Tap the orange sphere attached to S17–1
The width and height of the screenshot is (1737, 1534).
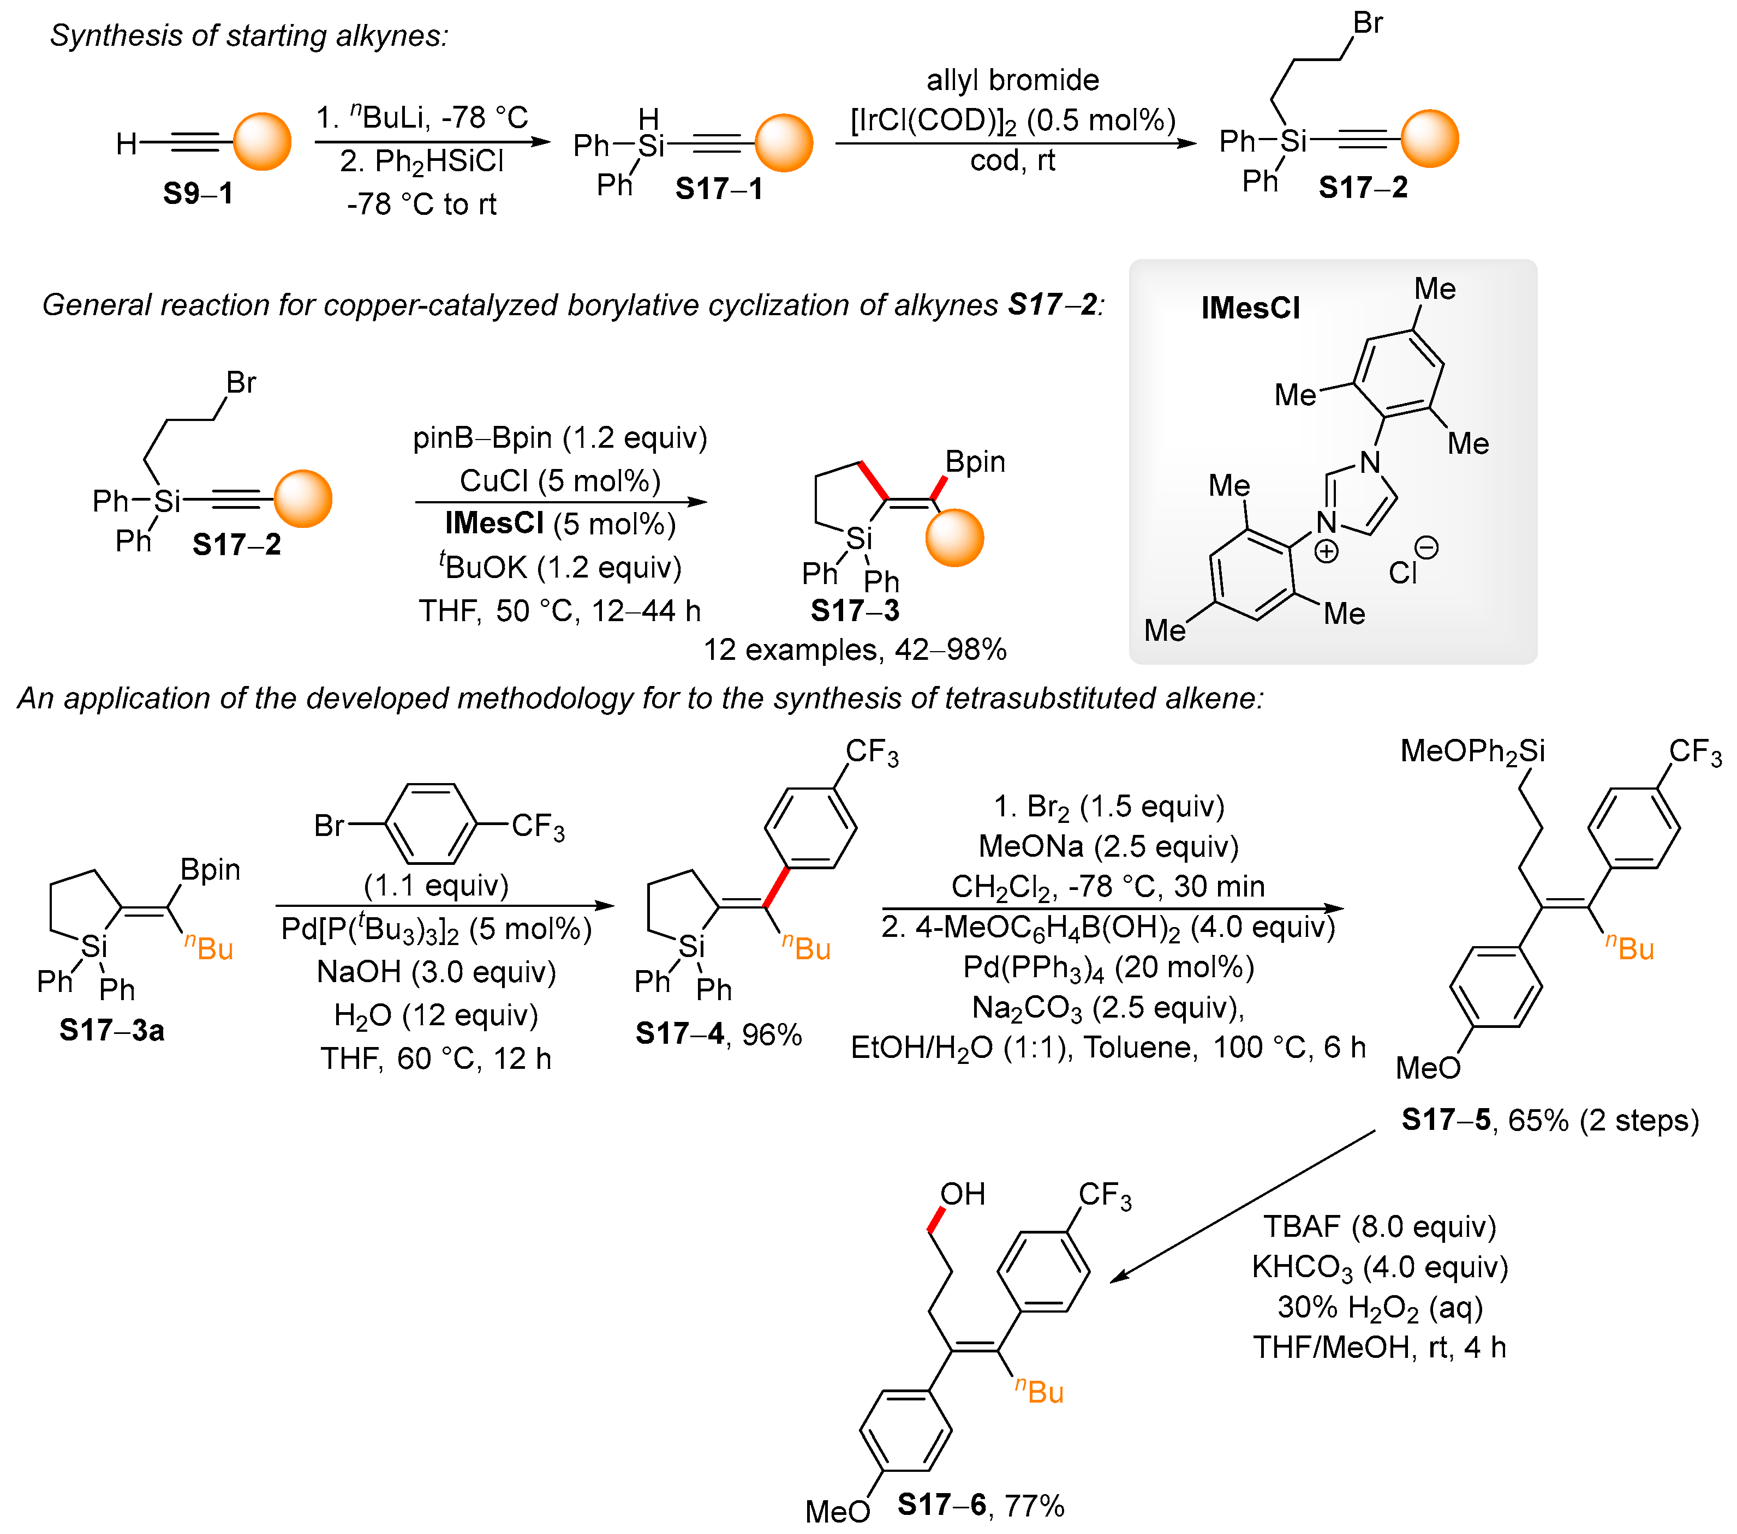point(784,143)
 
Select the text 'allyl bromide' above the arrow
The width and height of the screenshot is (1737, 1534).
point(1012,80)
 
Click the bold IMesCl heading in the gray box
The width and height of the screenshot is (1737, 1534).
point(1250,308)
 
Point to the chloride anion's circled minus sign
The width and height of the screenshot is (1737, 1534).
point(1426,548)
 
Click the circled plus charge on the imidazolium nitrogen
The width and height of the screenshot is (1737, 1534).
point(1326,552)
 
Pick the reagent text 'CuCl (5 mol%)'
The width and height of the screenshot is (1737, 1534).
point(560,481)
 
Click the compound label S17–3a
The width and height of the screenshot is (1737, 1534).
point(111,1030)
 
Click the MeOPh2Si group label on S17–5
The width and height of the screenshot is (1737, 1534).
point(1472,751)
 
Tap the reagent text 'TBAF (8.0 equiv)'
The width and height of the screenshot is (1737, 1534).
point(1379,1226)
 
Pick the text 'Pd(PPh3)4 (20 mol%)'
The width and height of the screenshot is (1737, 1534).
point(1108,967)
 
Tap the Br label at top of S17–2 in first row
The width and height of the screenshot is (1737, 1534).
point(1368,23)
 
